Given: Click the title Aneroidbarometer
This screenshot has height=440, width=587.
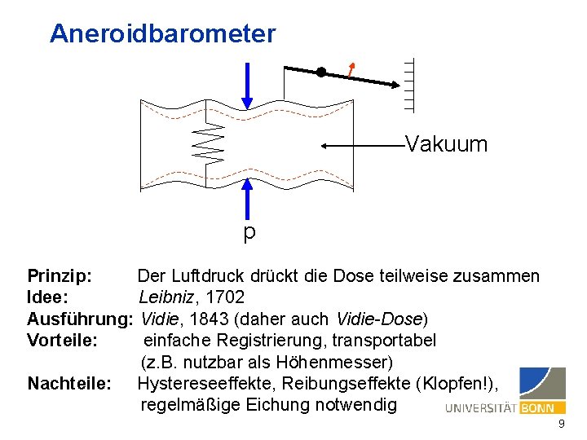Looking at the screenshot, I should point(162,34).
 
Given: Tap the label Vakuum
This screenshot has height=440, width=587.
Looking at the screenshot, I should point(446,145).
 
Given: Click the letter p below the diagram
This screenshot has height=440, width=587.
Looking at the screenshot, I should point(249,233).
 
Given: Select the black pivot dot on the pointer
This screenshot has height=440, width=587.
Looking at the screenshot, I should point(321,73).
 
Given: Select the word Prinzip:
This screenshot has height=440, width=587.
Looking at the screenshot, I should point(60,276).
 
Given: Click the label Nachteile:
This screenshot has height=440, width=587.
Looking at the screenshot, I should point(69,383).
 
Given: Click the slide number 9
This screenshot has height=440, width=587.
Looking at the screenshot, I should point(561,425).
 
